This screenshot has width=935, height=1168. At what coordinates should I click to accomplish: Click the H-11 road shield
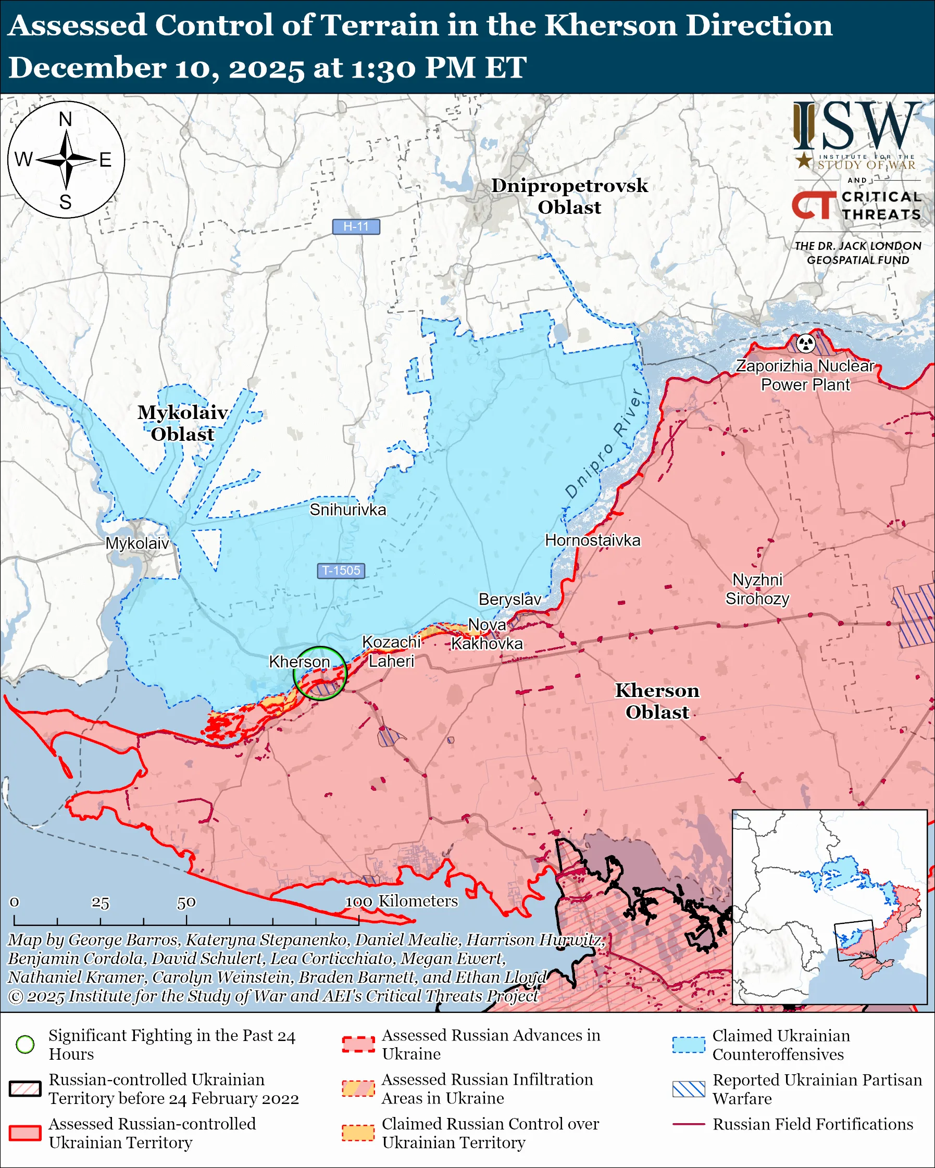pos(356,226)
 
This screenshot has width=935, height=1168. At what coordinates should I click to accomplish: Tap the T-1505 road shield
pos(341,570)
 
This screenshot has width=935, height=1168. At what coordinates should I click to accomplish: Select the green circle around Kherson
pos(320,673)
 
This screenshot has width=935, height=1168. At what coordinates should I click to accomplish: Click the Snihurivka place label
pos(347,510)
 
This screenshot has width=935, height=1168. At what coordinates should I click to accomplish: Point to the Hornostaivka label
pos(592,540)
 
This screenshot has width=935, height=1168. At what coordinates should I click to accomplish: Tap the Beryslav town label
pos(509,599)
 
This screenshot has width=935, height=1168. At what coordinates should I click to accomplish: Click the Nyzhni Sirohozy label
pos(757,589)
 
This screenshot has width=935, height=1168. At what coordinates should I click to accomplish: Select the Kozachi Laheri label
pos(391,652)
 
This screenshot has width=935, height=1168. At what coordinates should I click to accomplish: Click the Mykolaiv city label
pos(137,543)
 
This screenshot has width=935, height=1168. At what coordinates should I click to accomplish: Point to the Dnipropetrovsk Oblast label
pos(569,196)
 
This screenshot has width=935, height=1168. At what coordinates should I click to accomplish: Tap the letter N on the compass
pos(66,119)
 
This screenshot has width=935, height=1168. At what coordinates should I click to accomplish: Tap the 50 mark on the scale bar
pos(186,903)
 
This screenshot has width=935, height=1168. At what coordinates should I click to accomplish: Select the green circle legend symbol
pos(25,1044)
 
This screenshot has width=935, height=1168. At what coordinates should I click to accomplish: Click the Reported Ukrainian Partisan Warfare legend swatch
pos(689,1089)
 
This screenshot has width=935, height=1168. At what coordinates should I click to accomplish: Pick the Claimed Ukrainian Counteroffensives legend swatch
pos(689,1045)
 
